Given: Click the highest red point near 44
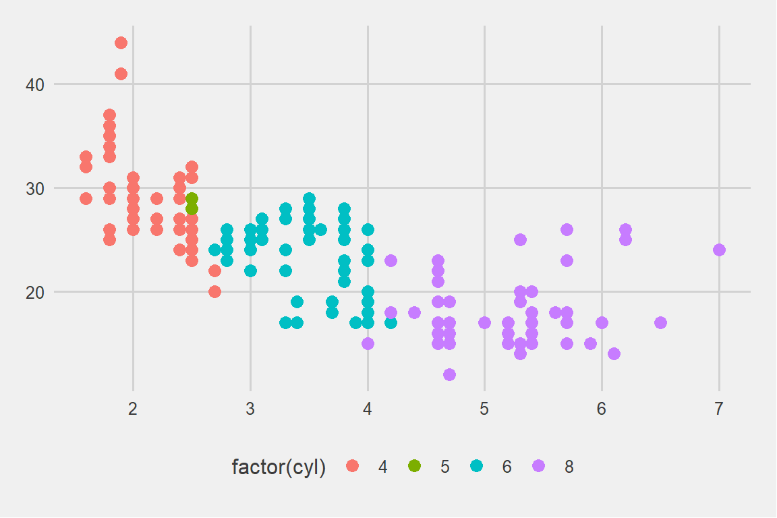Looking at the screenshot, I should [121, 43].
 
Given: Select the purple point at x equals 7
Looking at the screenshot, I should [719, 250].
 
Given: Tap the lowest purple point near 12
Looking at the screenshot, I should [449, 374].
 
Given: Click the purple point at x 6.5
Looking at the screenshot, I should [660, 322].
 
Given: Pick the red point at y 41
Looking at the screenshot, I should [121, 74].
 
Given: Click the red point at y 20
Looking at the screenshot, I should [214, 291].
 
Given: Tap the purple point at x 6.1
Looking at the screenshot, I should [614, 353].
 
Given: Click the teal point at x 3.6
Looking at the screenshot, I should [320, 229].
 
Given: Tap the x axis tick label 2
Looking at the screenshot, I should [133, 409].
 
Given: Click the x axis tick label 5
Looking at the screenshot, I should [484, 409].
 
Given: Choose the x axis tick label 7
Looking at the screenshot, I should [719, 409].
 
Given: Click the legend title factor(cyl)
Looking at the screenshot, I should [279, 467].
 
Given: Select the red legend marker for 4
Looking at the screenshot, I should [352, 465].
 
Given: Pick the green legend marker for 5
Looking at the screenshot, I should [414, 465].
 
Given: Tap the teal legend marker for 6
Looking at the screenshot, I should [477, 465].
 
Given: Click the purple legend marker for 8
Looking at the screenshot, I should [539, 465].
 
